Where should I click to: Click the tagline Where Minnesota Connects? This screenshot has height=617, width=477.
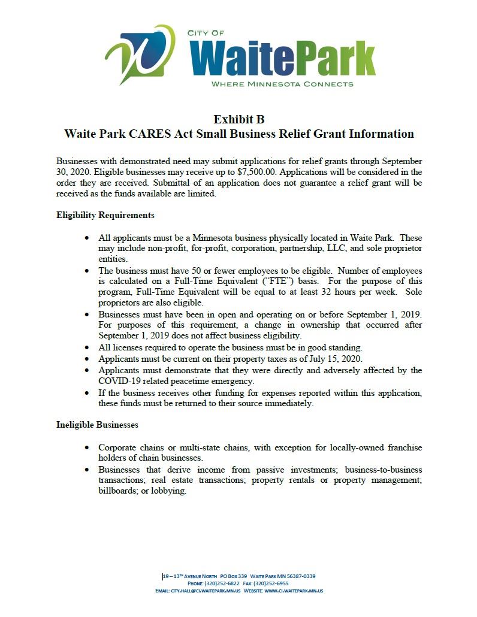(x=282, y=84)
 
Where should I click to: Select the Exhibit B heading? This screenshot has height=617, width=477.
(x=238, y=119)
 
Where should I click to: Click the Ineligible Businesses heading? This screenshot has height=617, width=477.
(x=97, y=424)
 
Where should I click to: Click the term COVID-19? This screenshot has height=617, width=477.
(x=121, y=381)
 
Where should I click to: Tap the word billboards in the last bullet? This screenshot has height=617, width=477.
(x=118, y=491)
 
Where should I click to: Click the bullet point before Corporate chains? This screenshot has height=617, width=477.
(x=88, y=447)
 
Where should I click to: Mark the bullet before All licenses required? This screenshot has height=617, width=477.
(x=88, y=347)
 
